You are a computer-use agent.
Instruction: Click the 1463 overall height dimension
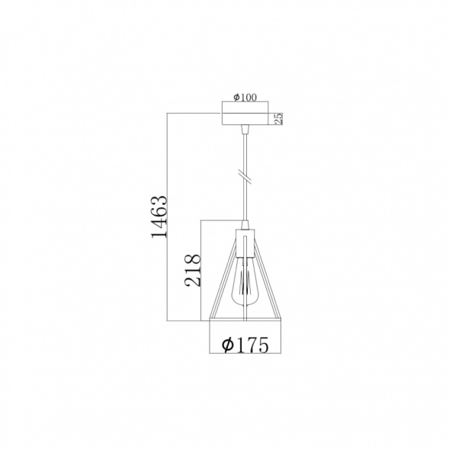(159, 216)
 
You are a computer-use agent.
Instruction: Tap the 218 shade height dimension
(193, 270)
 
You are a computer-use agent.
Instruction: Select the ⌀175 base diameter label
(245, 345)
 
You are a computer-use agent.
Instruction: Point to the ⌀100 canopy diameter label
(245, 98)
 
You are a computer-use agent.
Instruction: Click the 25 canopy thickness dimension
(278, 119)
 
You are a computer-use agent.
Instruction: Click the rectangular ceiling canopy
(245, 119)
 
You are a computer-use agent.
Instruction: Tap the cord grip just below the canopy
(245, 130)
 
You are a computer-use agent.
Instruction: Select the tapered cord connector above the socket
(245, 224)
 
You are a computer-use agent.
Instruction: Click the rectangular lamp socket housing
(245, 243)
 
